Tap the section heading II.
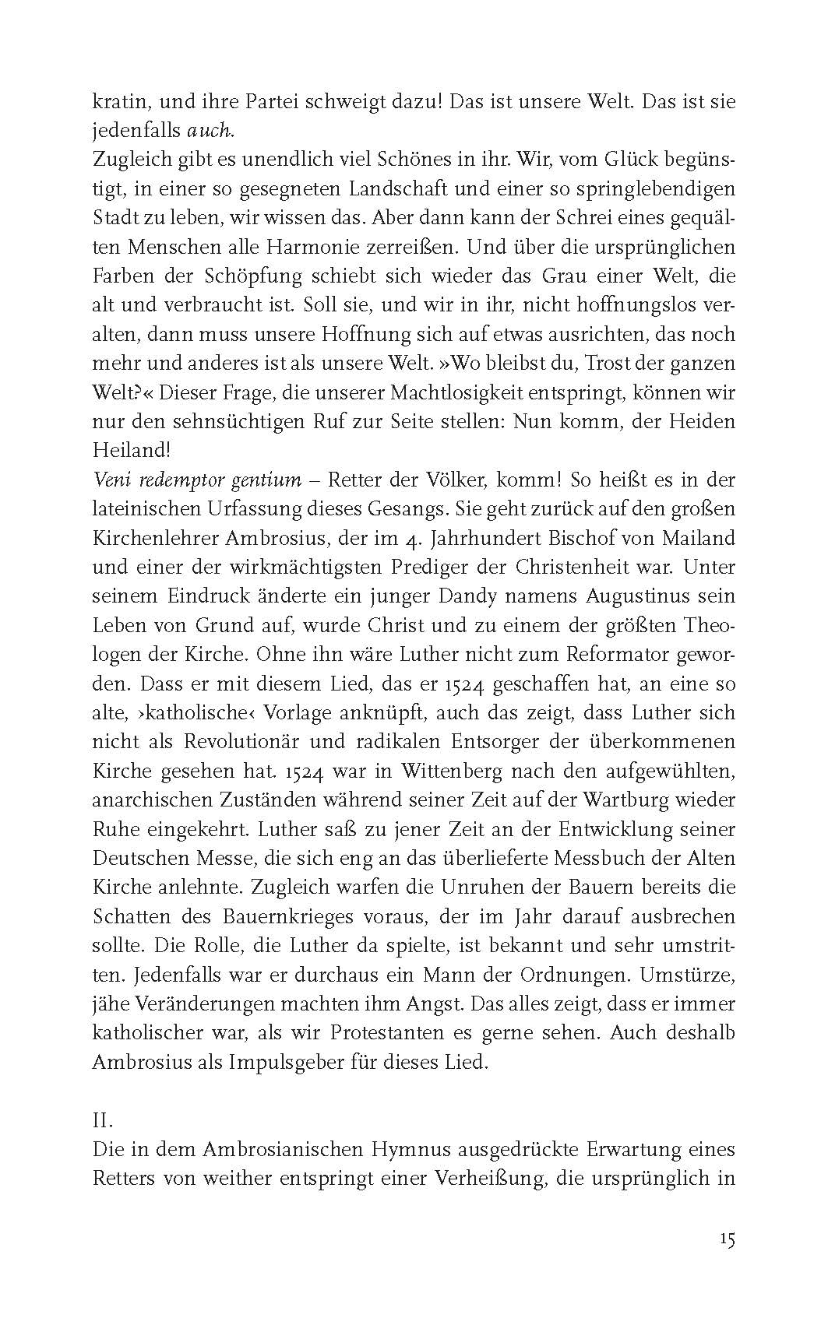tap(103, 1121)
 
